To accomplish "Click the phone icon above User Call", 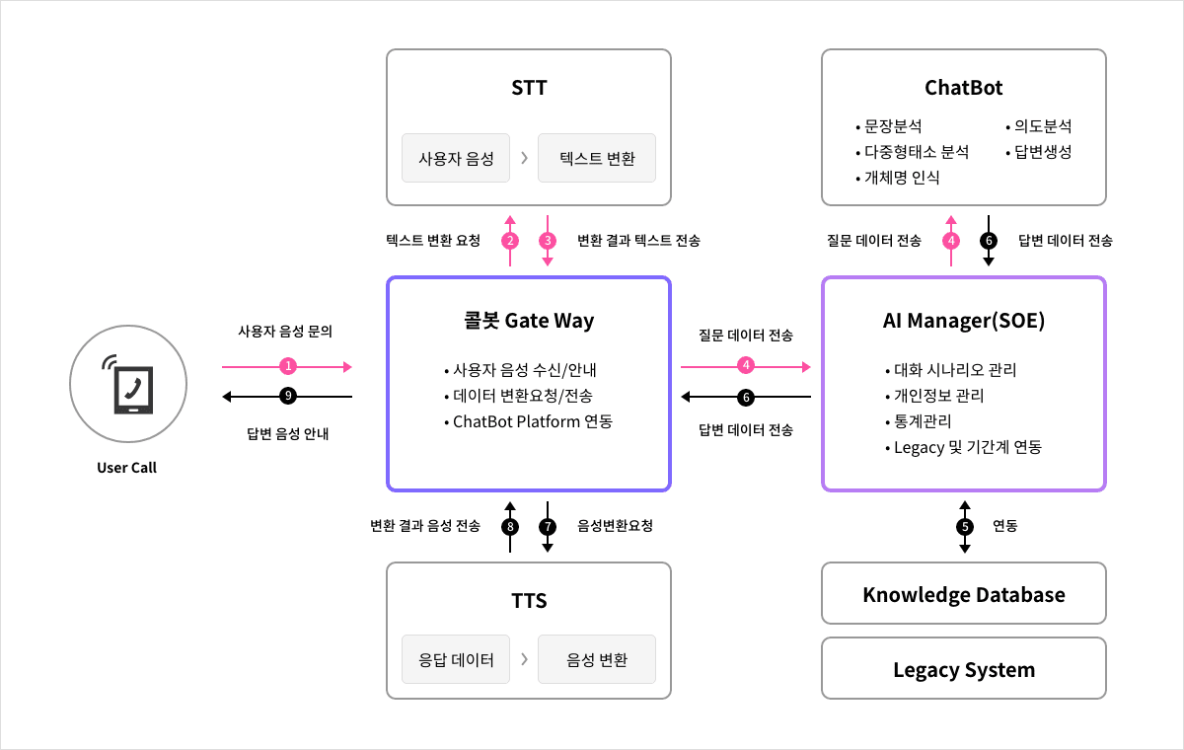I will (126, 383).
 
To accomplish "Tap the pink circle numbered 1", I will (288, 366).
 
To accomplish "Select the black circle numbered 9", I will (288, 397).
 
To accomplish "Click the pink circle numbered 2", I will (510, 240).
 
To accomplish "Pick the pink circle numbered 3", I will (548, 240).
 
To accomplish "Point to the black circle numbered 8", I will (510, 526).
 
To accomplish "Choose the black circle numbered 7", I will (548, 526).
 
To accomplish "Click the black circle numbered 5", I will (964, 526).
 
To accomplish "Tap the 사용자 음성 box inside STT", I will (456, 158).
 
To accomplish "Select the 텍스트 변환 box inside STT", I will (597, 158).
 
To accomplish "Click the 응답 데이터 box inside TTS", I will (456, 659).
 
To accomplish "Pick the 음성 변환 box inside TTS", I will (597, 659).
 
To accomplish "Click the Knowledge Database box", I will (964, 594).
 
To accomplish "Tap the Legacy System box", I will (964, 669).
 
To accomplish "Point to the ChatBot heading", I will (964, 88).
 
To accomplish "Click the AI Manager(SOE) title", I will (964, 321).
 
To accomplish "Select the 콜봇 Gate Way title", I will (529, 321).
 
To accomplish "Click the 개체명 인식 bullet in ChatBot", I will (901, 178).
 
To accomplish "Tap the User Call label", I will (126, 468).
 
